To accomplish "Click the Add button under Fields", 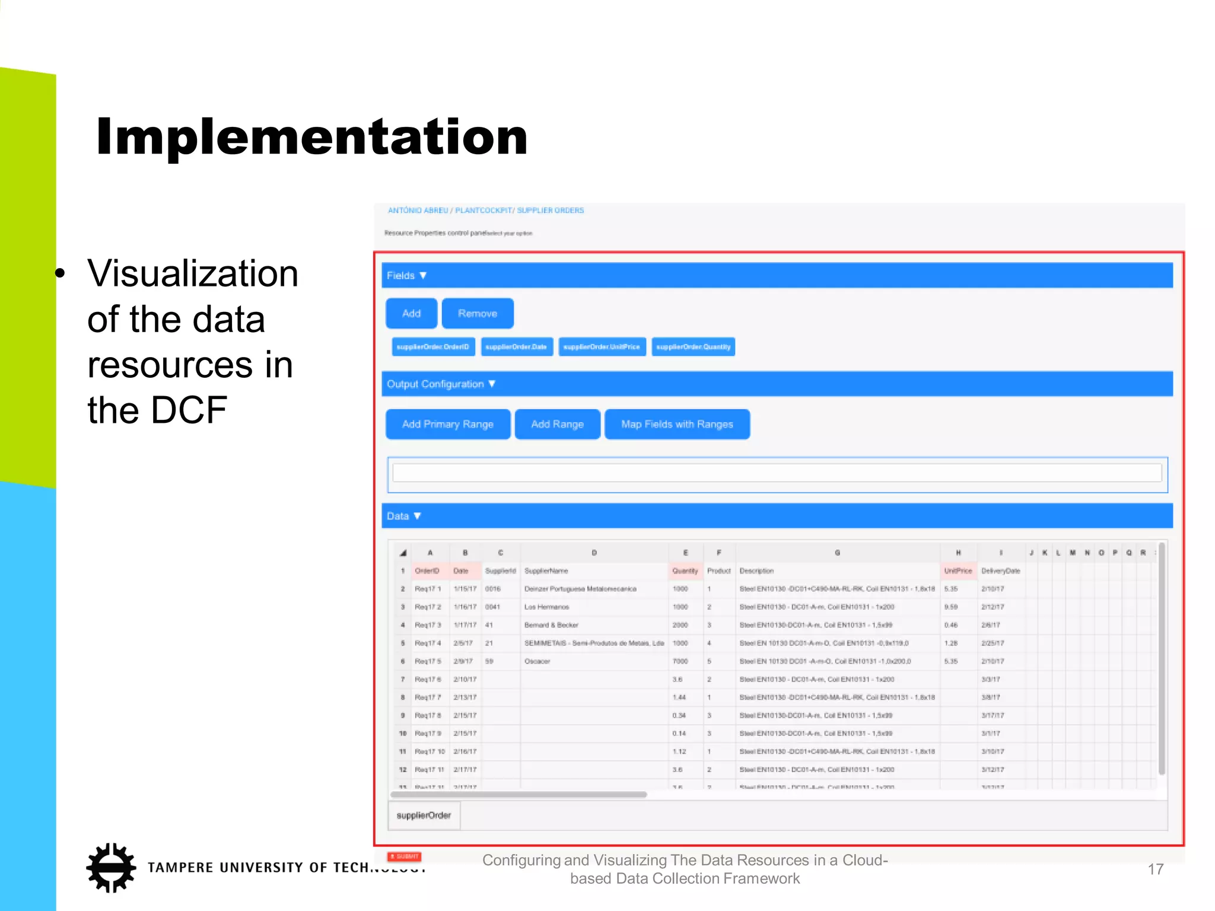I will point(411,313).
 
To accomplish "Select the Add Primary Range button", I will point(447,424).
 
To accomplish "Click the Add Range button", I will point(557,424).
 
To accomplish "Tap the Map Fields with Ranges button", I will point(677,424).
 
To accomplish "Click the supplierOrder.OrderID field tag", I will point(433,347).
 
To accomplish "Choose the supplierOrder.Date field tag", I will point(516,347).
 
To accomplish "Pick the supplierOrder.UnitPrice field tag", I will point(602,347).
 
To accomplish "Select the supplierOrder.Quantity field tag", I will point(693,347).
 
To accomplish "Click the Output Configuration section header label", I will point(436,384).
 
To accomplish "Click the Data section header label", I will point(398,516).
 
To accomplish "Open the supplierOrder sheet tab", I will point(424,816).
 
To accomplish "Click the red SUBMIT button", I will point(405,856).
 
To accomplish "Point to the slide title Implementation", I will point(311,137).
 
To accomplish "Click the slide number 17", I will point(1155,869).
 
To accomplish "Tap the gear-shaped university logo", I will point(111,868).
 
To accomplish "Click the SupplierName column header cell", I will point(546,571).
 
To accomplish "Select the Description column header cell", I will point(756,571).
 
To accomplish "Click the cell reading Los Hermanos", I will point(546,607).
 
